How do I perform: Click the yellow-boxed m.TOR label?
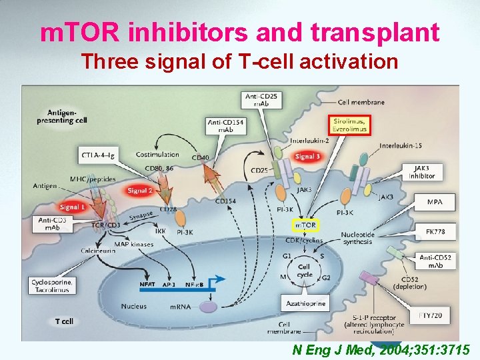[305, 226]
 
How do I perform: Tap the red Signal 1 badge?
[72, 207]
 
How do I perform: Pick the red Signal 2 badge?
[140, 191]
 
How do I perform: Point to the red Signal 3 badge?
[307, 157]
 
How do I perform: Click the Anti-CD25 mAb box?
[262, 100]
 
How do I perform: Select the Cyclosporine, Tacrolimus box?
[51, 286]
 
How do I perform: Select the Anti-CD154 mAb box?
[225, 125]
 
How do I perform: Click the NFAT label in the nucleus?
[147, 284]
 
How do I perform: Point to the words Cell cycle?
[304, 271]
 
